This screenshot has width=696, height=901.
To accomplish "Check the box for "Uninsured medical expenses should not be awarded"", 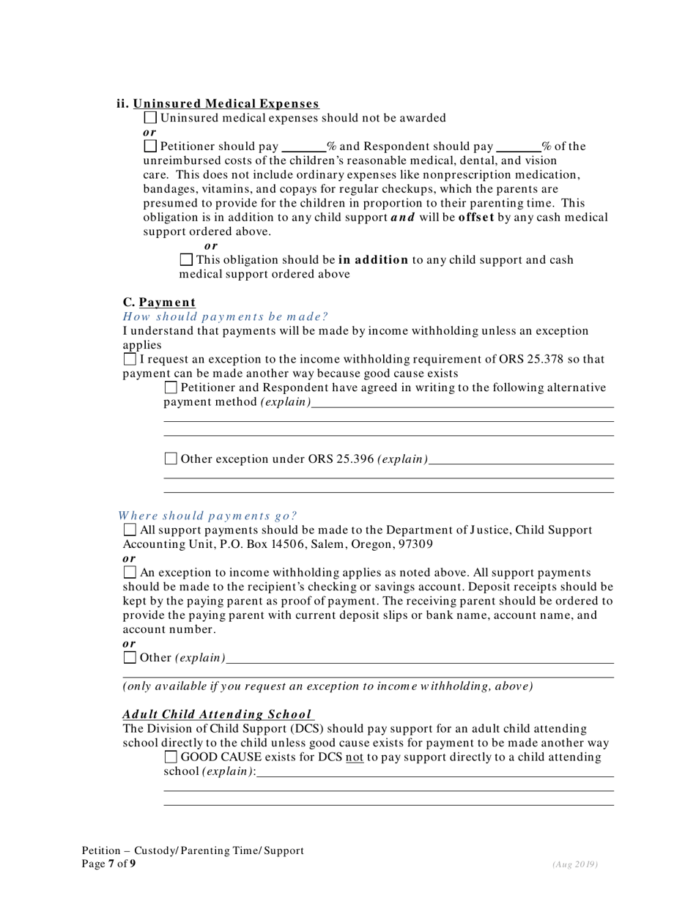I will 150,117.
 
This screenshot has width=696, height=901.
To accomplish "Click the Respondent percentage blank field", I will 519,146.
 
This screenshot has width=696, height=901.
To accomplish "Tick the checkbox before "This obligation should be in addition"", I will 186,259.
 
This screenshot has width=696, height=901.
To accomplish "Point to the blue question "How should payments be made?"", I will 225,316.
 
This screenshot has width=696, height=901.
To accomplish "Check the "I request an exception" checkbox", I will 130,359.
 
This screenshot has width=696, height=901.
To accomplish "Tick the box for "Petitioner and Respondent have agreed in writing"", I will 171,388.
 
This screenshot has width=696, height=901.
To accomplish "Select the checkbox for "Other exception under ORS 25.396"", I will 171,459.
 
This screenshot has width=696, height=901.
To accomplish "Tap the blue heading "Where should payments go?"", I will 208,516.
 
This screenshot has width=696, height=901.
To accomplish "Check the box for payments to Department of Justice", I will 130,530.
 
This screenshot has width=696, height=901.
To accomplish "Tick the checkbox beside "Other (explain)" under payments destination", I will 130,657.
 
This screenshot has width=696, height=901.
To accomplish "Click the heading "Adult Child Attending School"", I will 218,714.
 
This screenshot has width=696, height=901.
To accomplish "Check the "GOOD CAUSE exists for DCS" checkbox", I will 171,757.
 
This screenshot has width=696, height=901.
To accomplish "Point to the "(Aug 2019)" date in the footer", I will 575,864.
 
